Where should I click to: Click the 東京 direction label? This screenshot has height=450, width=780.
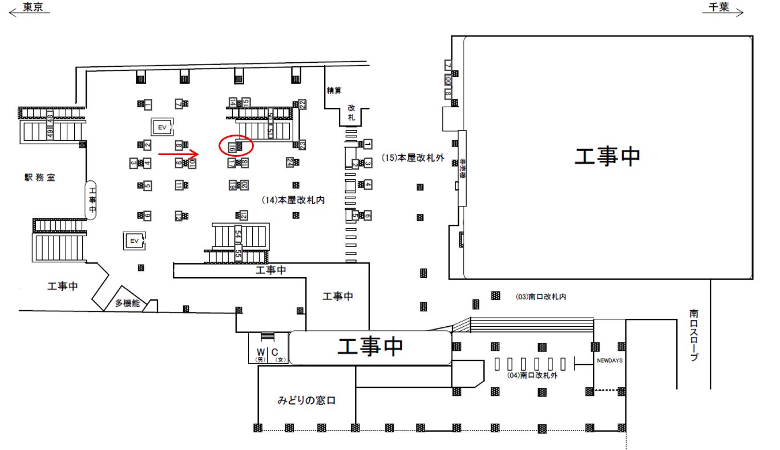click(x=33, y=7)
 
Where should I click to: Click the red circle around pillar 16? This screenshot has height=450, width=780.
click(x=236, y=146)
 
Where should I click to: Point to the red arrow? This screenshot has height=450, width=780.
click(x=178, y=153)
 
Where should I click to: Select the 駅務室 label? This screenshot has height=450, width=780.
click(x=39, y=177)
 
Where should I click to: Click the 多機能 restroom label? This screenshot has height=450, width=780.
click(x=127, y=303)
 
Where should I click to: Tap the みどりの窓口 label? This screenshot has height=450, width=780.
click(x=306, y=400)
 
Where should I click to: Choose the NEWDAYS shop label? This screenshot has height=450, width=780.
click(x=609, y=361)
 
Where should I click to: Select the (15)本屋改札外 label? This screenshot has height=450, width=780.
click(x=413, y=159)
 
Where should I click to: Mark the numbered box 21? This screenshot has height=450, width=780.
click(x=244, y=215)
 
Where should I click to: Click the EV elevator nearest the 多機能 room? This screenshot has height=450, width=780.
click(x=135, y=241)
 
